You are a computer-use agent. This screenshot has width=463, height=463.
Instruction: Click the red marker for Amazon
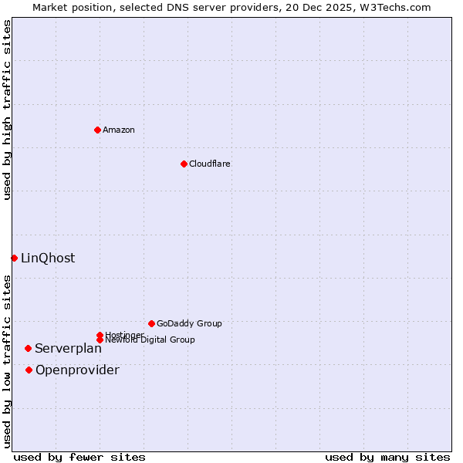pos(97,130)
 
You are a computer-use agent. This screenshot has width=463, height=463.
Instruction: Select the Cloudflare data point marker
pos(184,164)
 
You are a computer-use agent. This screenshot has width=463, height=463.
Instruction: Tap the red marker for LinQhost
pos(14,258)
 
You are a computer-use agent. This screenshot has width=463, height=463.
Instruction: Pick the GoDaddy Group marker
pos(151,323)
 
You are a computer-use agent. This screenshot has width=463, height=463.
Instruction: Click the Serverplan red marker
pos(28,348)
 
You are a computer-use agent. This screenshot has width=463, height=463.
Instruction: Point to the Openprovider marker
pos(29,370)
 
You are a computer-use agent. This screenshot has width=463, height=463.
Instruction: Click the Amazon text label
pos(119,130)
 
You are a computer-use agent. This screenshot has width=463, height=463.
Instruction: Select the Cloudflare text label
pos(210,164)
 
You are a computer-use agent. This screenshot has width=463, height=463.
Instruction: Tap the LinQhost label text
pos(48,259)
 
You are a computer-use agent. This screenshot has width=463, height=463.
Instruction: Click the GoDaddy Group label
pos(189,323)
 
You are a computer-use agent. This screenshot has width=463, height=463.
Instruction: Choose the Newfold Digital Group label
pos(150,340)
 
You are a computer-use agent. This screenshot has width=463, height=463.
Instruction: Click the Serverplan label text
pos(68,349)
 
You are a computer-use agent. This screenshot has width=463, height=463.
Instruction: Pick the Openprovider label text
pos(77,370)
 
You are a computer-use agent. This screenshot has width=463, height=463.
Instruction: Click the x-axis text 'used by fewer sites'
pos(79,457)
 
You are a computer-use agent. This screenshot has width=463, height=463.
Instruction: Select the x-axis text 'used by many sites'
pos(387,457)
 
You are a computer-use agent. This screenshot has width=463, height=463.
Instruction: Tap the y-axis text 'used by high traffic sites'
pos(8,110)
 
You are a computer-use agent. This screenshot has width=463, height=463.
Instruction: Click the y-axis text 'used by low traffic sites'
pos(8,361)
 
